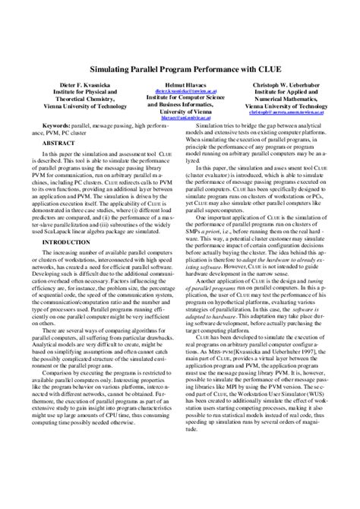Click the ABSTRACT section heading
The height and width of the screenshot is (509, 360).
[x=58, y=142]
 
